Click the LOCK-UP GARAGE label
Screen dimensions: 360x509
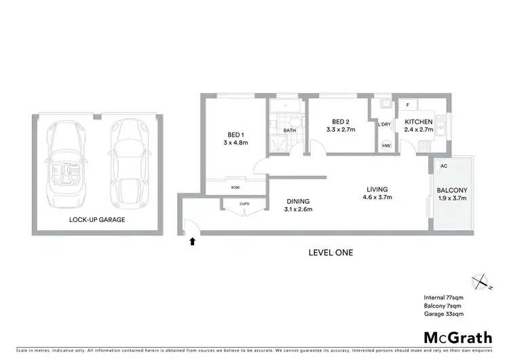[x=97, y=220]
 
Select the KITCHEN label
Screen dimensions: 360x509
[x=419, y=122]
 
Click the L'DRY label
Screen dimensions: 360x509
[x=385, y=124]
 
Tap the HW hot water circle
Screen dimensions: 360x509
[x=386, y=146]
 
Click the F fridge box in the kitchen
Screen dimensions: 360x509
[x=407, y=105]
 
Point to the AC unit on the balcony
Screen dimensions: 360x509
[x=444, y=165]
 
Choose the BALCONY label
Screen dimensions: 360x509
[x=451, y=191]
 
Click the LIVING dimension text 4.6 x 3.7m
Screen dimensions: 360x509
[x=377, y=198]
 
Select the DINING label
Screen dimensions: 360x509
[x=298, y=201]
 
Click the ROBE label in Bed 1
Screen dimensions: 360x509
[x=235, y=187]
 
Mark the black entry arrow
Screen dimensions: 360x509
[x=192, y=240]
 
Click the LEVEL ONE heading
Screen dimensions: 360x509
[x=331, y=253]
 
